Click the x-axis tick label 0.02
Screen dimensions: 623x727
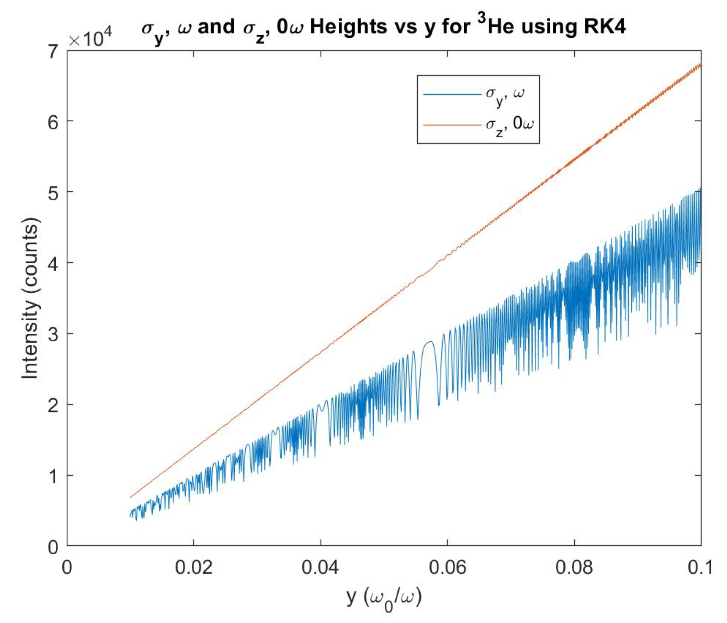[193, 567]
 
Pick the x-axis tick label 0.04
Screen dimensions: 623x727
[320, 567]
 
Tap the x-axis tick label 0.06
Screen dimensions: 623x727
[447, 567]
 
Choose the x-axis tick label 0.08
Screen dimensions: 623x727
[574, 567]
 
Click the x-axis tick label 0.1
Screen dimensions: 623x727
[699, 567]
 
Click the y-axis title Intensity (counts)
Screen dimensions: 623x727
[31, 298]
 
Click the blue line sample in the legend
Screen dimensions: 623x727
[452, 94]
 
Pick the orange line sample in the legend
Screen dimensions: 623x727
[452, 125]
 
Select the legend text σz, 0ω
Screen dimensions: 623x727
[509, 126]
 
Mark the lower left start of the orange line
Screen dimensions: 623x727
[130, 497]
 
